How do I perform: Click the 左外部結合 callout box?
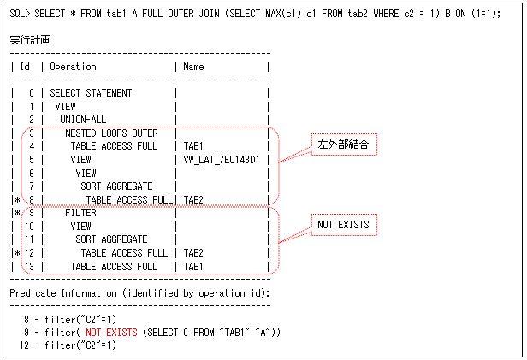(343, 146)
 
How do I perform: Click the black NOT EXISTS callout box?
(343, 227)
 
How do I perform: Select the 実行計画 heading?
(31, 40)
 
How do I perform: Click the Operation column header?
(74, 67)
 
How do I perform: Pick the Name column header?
(194, 67)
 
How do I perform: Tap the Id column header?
(26, 67)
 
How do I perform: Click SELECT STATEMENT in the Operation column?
(91, 92)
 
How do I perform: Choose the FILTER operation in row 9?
(80, 212)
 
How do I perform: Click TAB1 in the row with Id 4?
(194, 146)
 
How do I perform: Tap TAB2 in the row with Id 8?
(194, 198)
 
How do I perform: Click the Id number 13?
(29, 266)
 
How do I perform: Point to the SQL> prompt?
(21, 14)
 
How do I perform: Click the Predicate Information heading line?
(139, 292)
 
